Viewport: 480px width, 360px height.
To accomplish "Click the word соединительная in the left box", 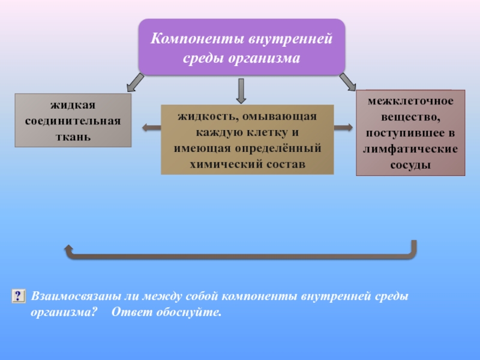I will click(x=73, y=121).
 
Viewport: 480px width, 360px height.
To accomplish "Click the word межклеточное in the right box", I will click(x=410, y=101).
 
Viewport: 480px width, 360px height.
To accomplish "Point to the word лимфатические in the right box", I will click(x=410, y=148).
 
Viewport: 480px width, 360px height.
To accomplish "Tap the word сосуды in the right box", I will click(x=410, y=164).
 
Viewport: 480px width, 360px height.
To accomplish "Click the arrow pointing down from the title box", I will click(x=240, y=91).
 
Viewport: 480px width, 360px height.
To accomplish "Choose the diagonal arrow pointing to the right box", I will click(x=347, y=82).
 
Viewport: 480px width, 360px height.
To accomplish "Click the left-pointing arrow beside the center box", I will click(x=151, y=127).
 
